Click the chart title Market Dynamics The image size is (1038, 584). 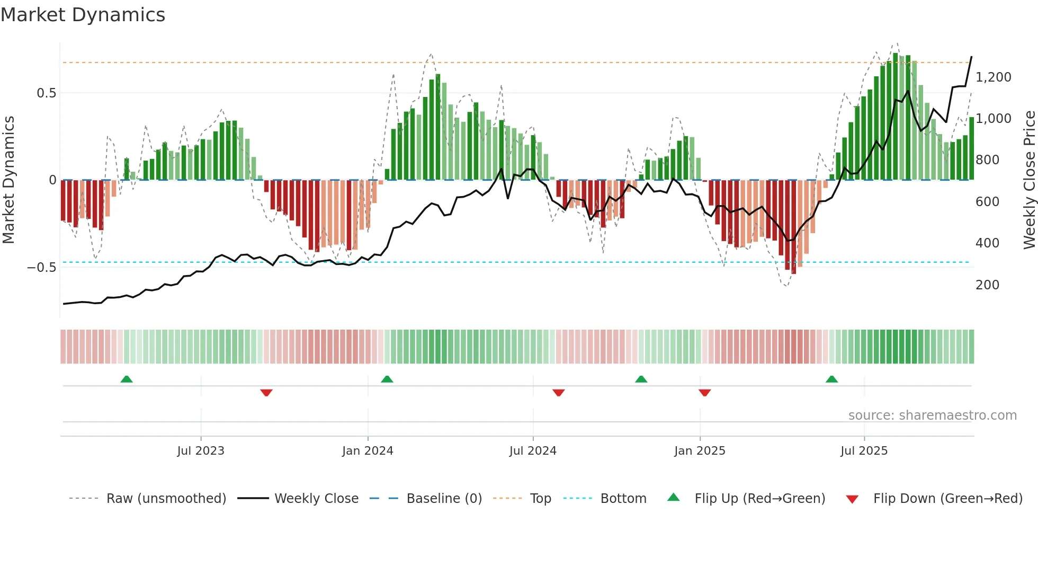pos(83,15)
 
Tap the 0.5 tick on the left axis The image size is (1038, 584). pos(46,93)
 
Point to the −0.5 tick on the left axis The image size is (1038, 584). pos(41,268)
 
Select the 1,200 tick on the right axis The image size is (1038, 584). pos(993,77)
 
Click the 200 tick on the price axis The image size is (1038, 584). pos(987,285)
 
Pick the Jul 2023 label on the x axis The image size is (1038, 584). pos(201,451)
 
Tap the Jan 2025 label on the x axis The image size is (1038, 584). pos(700,451)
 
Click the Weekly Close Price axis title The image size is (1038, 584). pos(1029,180)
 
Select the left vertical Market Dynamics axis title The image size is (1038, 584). pos(8,180)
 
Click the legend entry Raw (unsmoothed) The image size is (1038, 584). pos(166,499)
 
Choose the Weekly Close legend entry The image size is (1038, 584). pos(316,499)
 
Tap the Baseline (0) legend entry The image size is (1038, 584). pos(444,499)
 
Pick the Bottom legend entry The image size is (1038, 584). pos(623,499)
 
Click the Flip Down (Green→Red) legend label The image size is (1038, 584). pos(947,499)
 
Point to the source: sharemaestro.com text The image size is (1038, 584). pos(932,415)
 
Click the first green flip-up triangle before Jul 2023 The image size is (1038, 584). pos(127,379)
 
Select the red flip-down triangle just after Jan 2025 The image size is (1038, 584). pos(704,393)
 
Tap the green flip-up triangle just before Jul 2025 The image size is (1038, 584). pos(831,379)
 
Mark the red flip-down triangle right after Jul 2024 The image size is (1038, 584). pos(559,393)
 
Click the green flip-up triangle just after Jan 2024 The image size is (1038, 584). pos(387,379)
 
